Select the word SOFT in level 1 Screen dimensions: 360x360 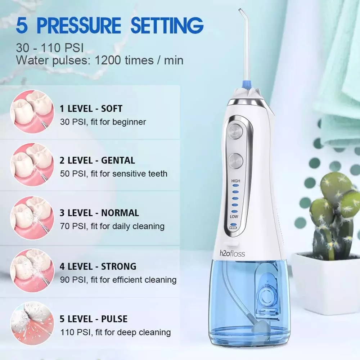coord(112,108)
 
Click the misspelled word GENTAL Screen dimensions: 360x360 coord(118,160)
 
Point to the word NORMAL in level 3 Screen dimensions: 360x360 coord(120,213)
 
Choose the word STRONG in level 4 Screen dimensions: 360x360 coord(118,266)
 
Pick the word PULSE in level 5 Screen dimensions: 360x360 coord(114,319)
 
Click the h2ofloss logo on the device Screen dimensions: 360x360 coord(232,254)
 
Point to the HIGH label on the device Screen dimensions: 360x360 coord(236,181)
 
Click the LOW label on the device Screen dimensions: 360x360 coord(234,217)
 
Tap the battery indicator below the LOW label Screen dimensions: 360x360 coord(233,228)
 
